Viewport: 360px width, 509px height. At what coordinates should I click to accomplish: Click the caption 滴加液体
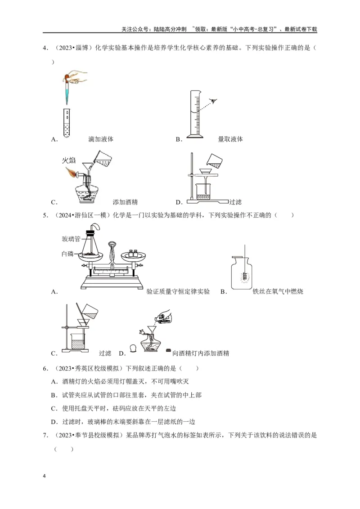tap(101, 139)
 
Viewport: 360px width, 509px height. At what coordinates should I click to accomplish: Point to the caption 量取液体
tap(230, 139)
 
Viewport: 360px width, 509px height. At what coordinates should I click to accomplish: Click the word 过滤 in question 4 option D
tap(236, 202)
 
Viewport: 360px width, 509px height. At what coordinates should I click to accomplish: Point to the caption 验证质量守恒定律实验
tap(178, 292)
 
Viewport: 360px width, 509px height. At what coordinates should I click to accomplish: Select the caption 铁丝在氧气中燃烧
tap(278, 292)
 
